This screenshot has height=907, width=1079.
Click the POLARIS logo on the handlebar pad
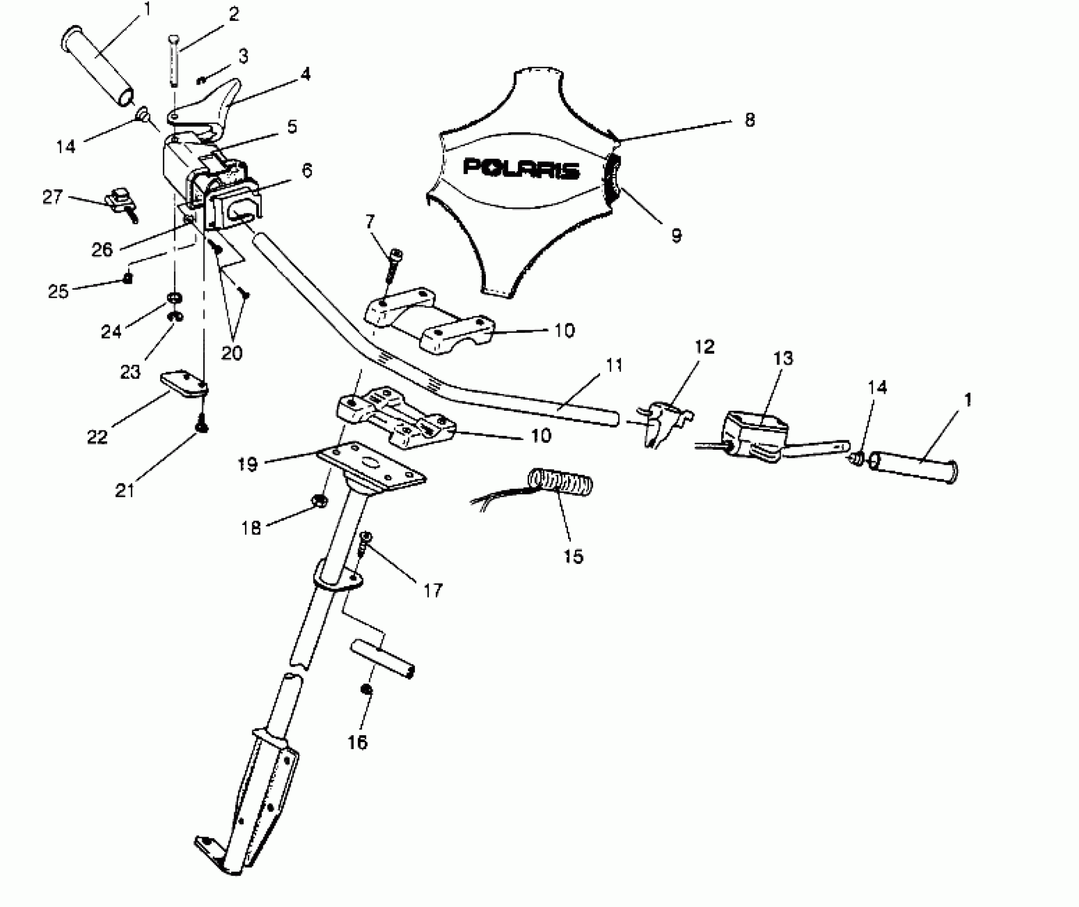pos(521,168)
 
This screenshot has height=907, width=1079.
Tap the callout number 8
pos(749,121)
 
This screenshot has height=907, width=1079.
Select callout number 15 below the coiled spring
pos(573,556)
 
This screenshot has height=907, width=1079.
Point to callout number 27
pos(53,197)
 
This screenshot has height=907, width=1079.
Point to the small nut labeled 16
pos(366,690)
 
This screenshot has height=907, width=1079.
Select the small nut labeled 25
pos(127,278)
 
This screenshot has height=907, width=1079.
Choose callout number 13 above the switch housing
pos(784,358)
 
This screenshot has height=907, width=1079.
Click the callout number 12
pos(704,347)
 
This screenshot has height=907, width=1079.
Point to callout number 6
pos(306,171)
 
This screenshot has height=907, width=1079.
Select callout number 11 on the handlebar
pos(614,365)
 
